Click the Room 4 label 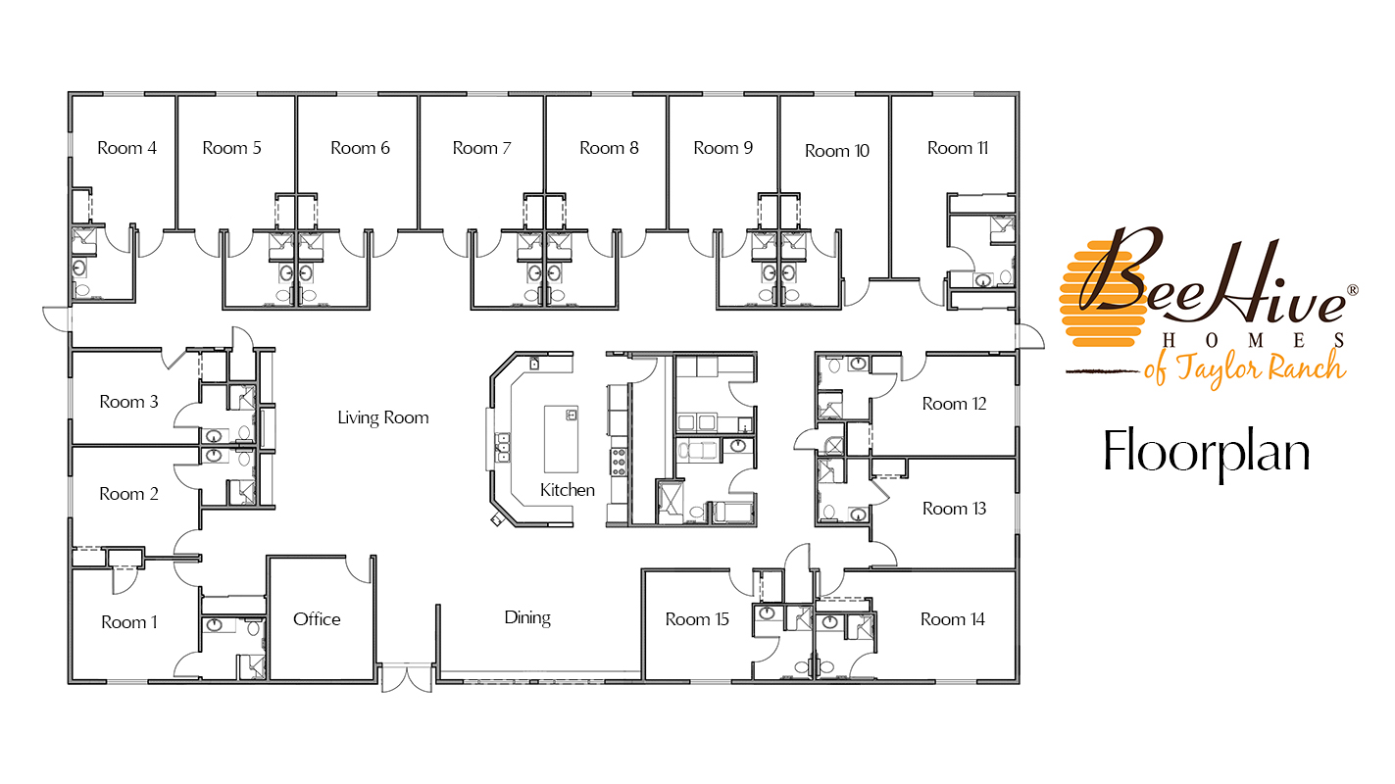click(x=126, y=148)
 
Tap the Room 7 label click(x=481, y=148)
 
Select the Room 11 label click(x=957, y=148)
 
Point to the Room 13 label click(x=954, y=509)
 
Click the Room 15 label click(x=697, y=619)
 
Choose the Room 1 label click(x=128, y=622)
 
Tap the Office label click(x=317, y=619)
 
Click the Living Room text click(x=383, y=417)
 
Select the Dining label click(x=527, y=617)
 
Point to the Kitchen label click(x=568, y=489)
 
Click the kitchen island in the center click(x=562, y=439)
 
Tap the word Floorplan click(x=1207, y=451)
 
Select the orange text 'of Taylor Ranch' click(x=1244, y=368)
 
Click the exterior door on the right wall click(x=1028, y=335)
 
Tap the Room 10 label click(x=836, y=151)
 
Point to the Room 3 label click(x=128, y=402)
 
